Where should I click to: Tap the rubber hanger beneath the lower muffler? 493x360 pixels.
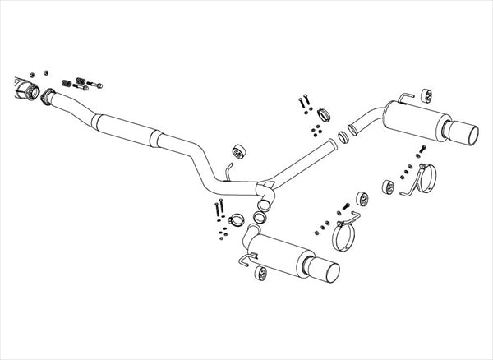(x=260, y=273)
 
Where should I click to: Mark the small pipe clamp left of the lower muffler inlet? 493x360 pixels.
(x=233, y=219)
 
